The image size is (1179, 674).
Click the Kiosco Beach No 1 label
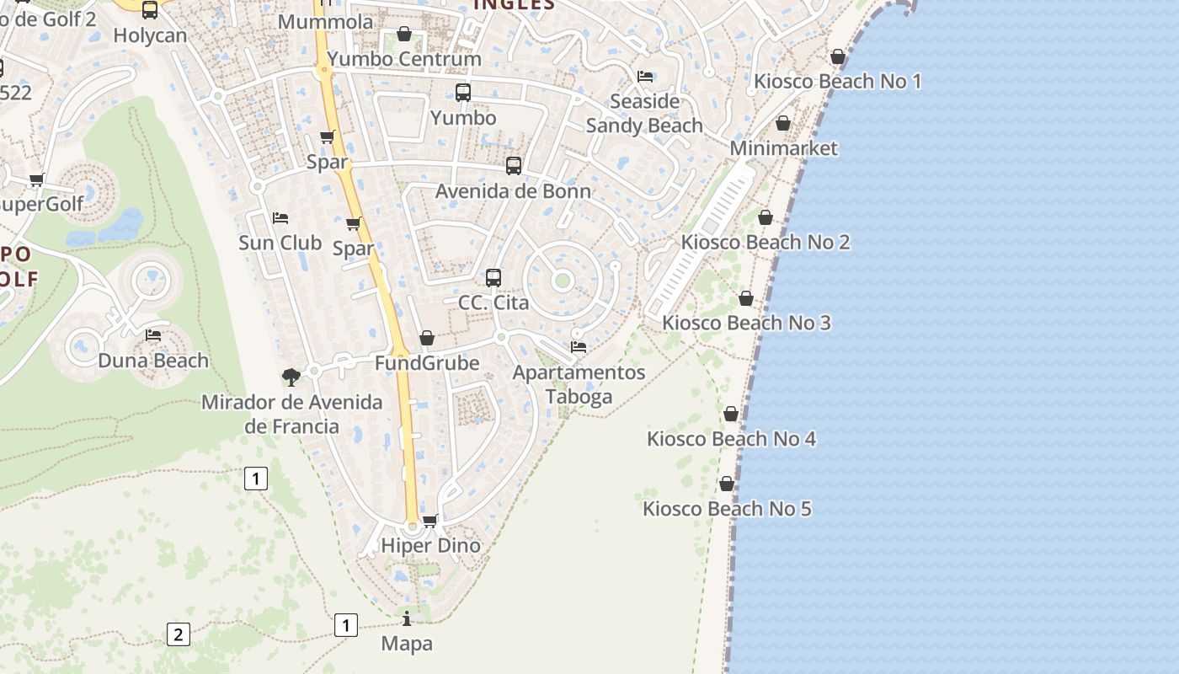[837, 82]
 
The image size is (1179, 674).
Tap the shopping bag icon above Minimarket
[783, 124]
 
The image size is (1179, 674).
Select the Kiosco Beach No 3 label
[746, 323]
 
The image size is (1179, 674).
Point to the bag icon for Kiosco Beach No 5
[726, 484]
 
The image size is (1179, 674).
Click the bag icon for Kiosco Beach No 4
[731, 414]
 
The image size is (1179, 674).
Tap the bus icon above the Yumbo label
[463, 93]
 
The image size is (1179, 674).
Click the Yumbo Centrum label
[404, 59]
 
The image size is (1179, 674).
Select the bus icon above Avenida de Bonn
[513, 166]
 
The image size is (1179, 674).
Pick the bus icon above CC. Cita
[493, 277]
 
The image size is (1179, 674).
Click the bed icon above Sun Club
[280, 218]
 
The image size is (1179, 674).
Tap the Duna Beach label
[153, 361]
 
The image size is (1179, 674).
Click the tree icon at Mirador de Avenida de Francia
[291, 377]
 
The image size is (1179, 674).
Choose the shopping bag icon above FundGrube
[427, 338]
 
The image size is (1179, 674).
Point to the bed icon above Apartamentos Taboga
[579, 346]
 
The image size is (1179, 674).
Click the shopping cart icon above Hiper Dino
[430, 521]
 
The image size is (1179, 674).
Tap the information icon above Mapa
[407, 619]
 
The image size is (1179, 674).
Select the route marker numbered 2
[178, 634]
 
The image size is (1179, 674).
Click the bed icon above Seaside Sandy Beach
[645, 76]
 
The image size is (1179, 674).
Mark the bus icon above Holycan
[150, 10]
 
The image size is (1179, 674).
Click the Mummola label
[325, 21]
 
